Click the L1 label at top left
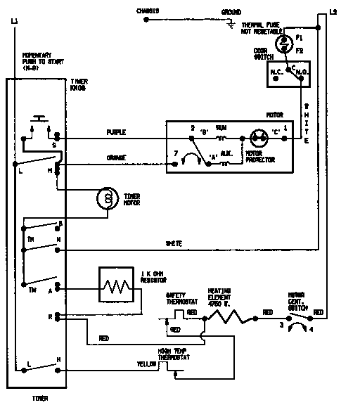click(x=15, y=22)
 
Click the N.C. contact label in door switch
click(x=276, y=72)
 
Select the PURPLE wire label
click(x=116, y=132)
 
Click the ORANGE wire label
click(x=116, y=157)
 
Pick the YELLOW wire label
click(x=147, y=364)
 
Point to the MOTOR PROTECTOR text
click(x=259, y=156)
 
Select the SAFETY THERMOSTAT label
click(x=179, y=299)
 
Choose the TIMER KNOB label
click(x=79, y=86)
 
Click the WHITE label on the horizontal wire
click(x=174, y=243)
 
